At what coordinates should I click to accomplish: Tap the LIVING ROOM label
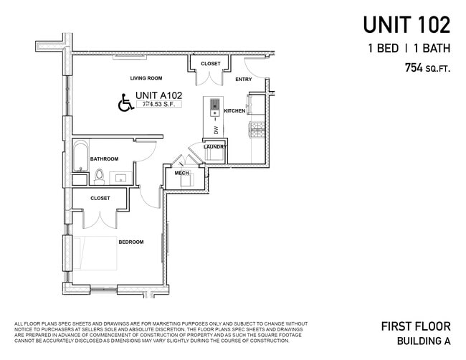146,78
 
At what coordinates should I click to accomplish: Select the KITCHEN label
234,111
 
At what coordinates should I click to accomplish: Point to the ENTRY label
243,80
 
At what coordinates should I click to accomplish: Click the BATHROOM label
104,158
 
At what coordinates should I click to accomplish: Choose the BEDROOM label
131,242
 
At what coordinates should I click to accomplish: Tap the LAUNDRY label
214,147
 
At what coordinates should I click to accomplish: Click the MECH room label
181,173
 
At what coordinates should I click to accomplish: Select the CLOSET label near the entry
211,64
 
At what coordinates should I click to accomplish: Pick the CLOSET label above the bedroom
100,198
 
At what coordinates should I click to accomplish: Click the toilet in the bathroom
100,175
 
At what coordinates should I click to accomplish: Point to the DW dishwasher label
214,129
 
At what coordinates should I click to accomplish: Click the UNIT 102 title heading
406,24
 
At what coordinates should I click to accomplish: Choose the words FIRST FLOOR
416,326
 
